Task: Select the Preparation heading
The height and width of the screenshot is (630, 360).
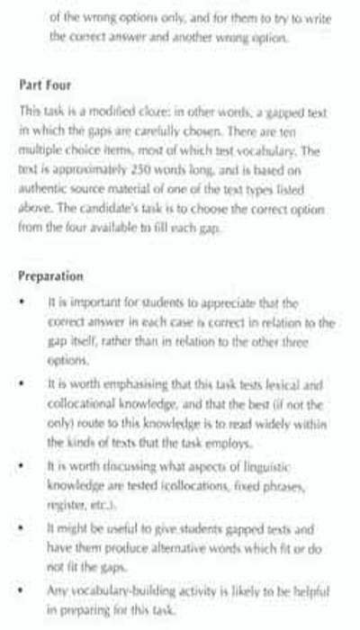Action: coord(51,276)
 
